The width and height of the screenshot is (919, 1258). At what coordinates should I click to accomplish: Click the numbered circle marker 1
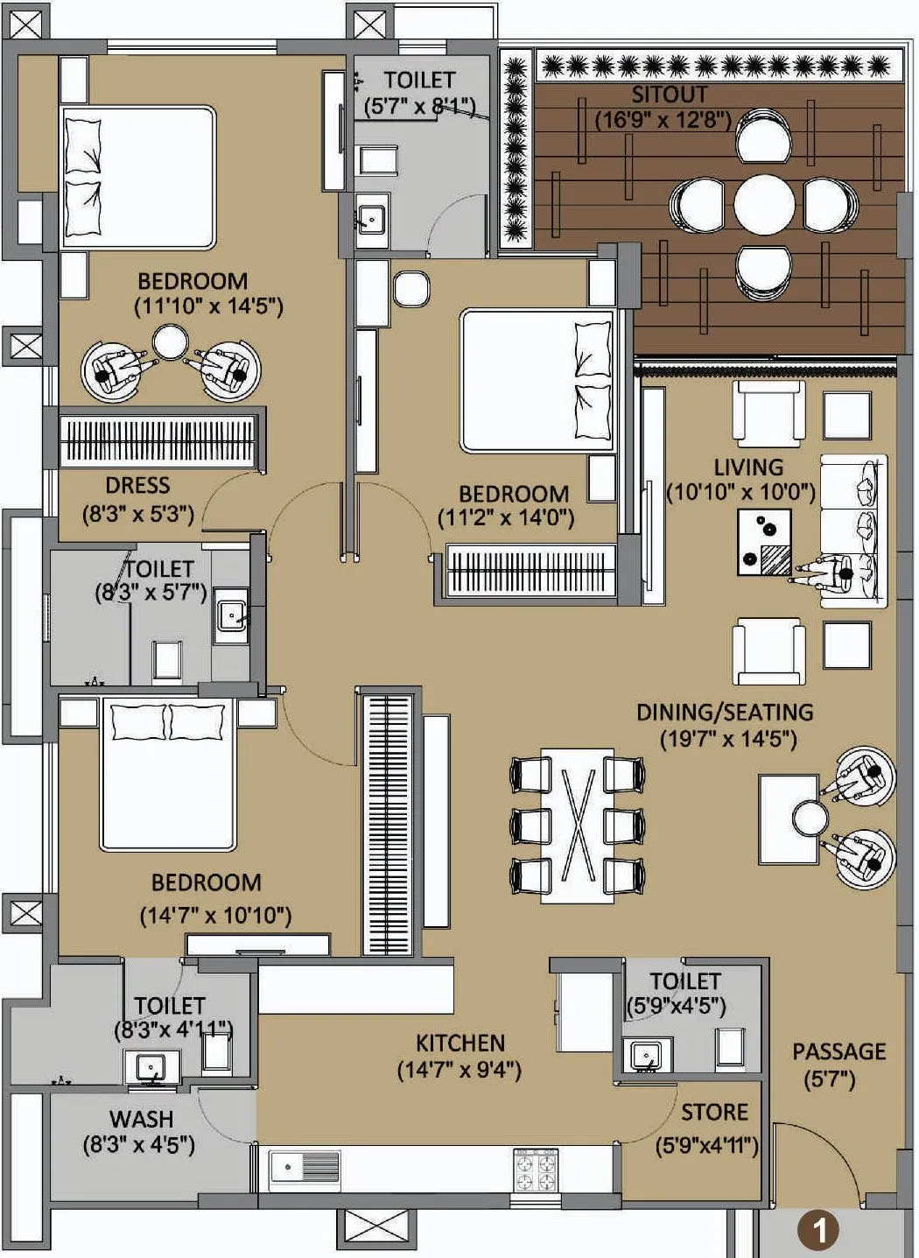tap(819, 1230)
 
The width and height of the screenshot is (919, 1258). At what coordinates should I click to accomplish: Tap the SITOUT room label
tap(670, 95)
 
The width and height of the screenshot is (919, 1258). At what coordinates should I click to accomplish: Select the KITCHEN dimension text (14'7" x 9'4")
tap(459, 1069)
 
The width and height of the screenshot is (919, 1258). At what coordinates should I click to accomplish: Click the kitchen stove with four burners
tap(537, 1170)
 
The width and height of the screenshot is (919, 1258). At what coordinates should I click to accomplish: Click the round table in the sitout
tap(764, 206)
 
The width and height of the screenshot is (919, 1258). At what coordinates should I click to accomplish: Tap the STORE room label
tap(714, 1112)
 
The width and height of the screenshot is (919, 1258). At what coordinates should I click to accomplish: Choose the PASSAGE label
tap(838, 1051)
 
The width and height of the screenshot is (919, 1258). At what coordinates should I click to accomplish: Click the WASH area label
tap(141, 1119)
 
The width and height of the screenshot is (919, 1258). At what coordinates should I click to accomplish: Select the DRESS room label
tap(137, 485)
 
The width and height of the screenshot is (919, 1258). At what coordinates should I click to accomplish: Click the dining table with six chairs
tap(577, 826)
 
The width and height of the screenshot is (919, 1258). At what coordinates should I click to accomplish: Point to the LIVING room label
tap(747, 467)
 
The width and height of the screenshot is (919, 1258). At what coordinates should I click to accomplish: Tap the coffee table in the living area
tap(764, 542)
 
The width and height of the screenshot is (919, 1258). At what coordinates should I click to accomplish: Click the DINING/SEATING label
tap(725, 712)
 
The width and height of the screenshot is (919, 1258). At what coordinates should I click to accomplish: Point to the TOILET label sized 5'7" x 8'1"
tap(419, 81)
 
